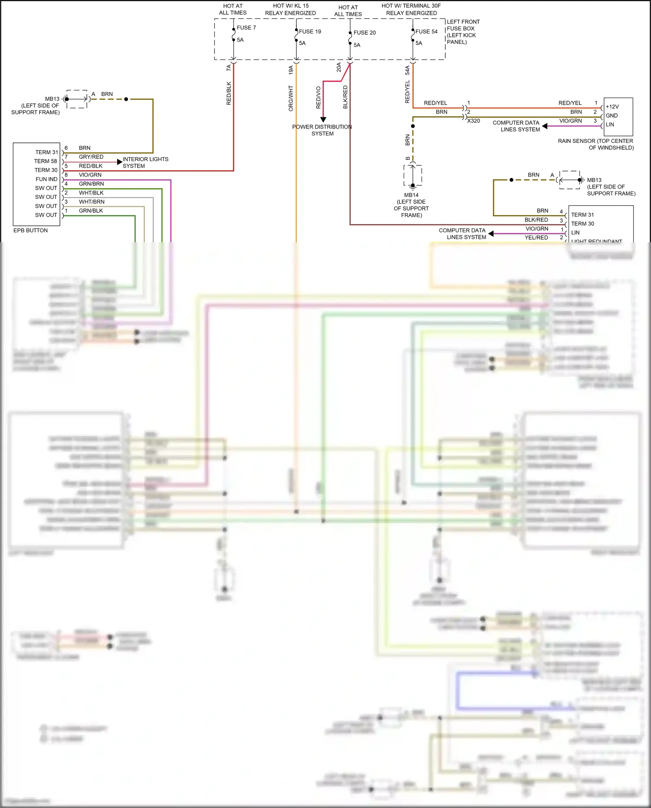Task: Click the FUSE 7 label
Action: tap(246, 28)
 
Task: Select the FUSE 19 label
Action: tap(310, 32)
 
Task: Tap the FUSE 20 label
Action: tap(365, 33)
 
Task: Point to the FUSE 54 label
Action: tap(426, 32)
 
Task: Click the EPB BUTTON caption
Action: tap(30, 231)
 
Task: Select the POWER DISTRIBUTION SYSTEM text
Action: tap(322, 130)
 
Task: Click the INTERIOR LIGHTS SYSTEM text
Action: tap(145, 162)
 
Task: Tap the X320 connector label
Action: tap(473, 121)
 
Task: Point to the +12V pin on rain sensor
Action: tap(612, 107)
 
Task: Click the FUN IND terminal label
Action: tap(46, 179)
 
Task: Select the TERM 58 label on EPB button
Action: tap(46, 161)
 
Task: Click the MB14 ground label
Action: tap(411, 195)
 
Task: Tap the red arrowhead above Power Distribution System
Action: tap(323, 119)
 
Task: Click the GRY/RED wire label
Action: tap(91, 157)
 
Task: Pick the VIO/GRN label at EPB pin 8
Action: tap(90, 175)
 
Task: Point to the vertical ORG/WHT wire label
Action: tap(291, 98)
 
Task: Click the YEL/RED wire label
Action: tap(536, 237)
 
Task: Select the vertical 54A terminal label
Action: tap(408, 70)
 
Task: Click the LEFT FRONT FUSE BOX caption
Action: tap(463, 32)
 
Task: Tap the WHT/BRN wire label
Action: tap(92, 202)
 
